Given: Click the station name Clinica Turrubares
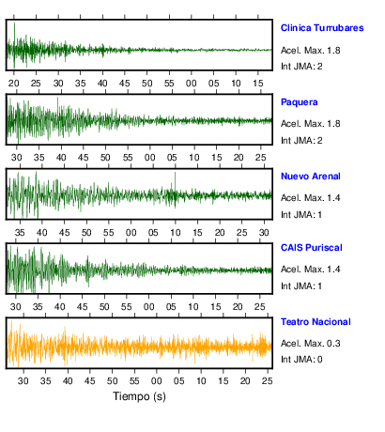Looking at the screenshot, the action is point(322,28).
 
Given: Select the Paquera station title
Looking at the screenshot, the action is point(300,102).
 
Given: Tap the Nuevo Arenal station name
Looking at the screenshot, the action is point(311,177).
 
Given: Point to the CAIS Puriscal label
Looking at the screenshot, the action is point(312,248).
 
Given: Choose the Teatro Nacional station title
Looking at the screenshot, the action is point(316,322).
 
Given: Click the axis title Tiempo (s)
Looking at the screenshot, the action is point(139,396).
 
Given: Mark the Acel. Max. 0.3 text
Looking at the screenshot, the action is point(311,344).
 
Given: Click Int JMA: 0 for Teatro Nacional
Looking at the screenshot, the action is point(301,359).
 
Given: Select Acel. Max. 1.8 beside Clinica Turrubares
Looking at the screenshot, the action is point(311,51).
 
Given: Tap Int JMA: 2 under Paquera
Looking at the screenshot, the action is point(301,140).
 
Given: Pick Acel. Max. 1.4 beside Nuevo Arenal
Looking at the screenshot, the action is point(311,198).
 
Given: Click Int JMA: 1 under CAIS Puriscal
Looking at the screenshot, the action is point(301,285).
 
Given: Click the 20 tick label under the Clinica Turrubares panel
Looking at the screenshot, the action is point(14,84).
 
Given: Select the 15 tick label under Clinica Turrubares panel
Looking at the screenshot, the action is point(258,84).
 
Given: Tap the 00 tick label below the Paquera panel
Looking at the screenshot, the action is point(149,157).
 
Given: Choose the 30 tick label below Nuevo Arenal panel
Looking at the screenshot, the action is point(264,233).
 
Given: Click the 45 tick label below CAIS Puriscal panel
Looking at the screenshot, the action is point(82,306).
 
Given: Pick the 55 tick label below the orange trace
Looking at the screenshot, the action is point(134,381).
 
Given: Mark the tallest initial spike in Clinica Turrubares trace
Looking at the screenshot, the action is point(14,45).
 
